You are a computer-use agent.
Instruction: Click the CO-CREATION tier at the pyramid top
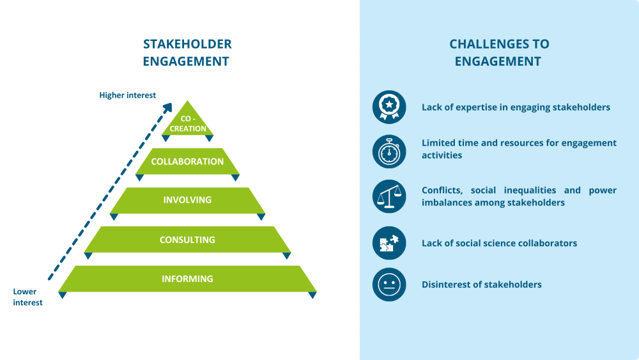click(187, 123)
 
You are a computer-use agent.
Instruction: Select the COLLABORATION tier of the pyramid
click(187, 162)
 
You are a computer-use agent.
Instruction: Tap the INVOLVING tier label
click(187, 200)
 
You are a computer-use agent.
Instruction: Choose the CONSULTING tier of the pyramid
click(187, 240)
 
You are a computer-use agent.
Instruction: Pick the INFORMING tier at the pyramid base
click(187, 279)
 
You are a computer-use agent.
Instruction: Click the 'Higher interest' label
click(127, 95)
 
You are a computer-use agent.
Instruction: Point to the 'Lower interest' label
click(27, 297)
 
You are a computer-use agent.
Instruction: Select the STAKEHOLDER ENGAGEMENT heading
click(187, 52)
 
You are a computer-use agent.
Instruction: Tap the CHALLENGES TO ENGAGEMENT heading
click(498, 52)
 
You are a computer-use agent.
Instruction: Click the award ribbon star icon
click(389, 107)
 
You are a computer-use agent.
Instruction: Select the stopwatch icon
click(389, 152)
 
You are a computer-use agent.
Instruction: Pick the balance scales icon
click(389, 196)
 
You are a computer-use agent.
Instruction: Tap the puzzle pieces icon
click(389, 243)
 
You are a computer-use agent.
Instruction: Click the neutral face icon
click(389, 285)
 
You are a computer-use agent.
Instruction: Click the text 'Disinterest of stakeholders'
click(481, 285)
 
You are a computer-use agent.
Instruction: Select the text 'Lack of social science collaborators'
click(499, 243)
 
